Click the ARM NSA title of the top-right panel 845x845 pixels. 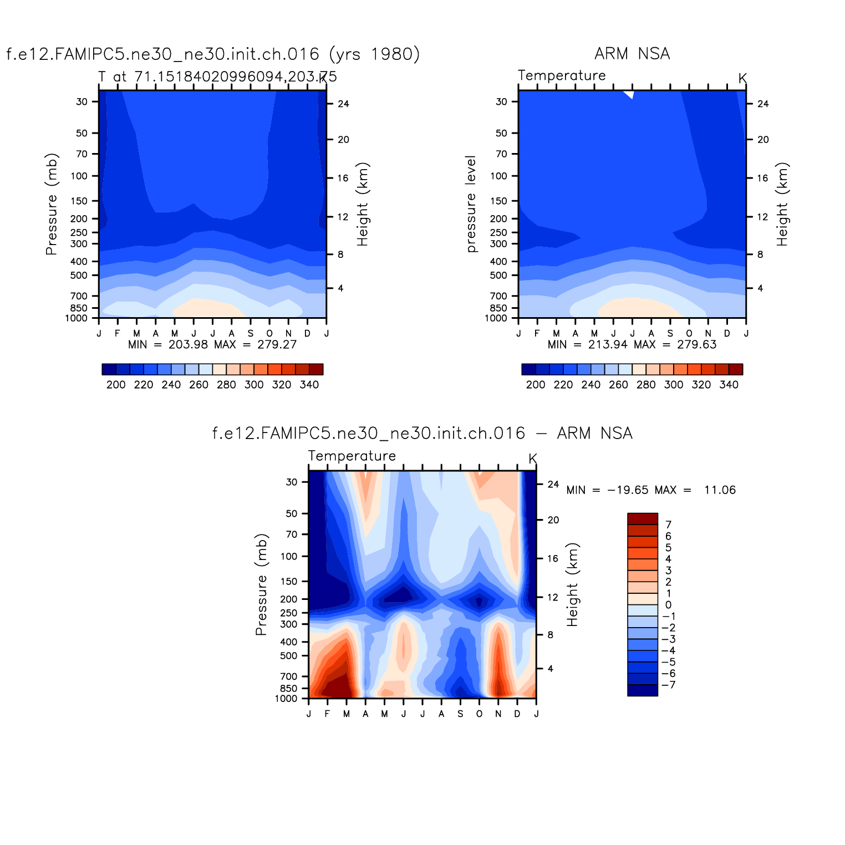(x=632, y=54)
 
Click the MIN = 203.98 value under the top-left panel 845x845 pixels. (x=168, y=344)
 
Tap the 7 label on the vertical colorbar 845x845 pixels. (x=669, y=525)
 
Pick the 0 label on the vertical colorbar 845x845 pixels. (x=669, y=605)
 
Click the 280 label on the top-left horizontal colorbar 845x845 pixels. (x=226, y=385)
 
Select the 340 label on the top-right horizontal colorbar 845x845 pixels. (x=729, y=385)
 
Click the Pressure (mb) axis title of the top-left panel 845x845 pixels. (x=52, y=204)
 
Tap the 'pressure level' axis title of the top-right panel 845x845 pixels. (x=471, y=204)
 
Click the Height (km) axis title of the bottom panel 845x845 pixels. (x=572, y=584)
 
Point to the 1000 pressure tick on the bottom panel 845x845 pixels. (x=286, y=699)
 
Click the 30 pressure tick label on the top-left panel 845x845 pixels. (x=82, y=101)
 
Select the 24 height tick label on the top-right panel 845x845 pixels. (x=763, y=104)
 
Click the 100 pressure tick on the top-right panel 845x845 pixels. (x=499, y=176)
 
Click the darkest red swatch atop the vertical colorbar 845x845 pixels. (x=642, y=518)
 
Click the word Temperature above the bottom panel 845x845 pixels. (x=352, y=456)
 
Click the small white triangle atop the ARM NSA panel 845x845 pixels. (x=630, y=94)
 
